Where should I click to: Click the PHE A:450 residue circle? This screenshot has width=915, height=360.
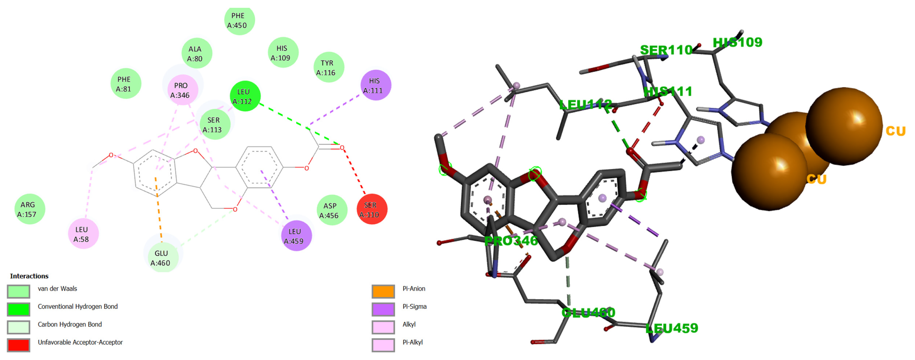coord(239,20)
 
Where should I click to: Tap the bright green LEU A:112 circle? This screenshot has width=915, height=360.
coord(245,96)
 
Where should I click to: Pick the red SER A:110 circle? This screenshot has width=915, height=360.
coord(372,210)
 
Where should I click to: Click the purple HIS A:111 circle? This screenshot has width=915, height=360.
coord(375,86)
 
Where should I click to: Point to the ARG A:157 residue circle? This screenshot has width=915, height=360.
coord(30,209)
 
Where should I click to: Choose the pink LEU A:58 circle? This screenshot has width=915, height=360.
coord(83,234)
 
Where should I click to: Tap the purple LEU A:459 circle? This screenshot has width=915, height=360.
coord(296,236)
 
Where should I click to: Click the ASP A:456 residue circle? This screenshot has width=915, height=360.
coord(331,210)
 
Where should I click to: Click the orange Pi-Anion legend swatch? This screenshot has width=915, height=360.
coord(383,291)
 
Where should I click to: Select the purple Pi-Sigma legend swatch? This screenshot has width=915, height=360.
coord(383,309)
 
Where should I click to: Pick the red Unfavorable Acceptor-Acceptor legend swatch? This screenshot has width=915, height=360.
coord(18,345)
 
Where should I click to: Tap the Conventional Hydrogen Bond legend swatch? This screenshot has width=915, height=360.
coord(18,309)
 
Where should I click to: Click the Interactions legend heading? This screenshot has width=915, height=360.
coord(29,276)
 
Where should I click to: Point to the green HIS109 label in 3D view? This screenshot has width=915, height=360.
coord(737,43)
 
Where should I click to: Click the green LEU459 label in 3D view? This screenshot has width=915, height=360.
coord(671,328)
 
